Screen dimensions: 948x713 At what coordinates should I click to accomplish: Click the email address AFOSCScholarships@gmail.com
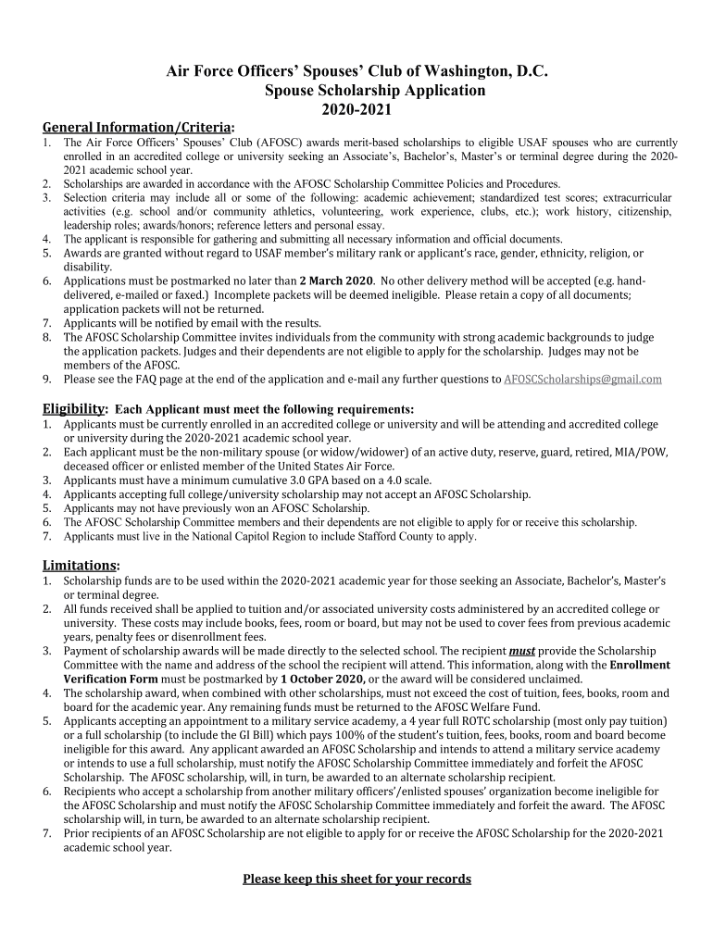(582, 379)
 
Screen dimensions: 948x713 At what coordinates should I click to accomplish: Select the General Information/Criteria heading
(137, 126)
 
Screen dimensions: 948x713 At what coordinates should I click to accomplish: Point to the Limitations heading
(80, 565)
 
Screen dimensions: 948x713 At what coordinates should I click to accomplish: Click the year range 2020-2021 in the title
(356, 109)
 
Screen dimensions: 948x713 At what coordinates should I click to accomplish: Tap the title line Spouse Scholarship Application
(374, 90)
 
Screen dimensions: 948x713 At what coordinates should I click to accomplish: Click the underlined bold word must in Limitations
(523, 651)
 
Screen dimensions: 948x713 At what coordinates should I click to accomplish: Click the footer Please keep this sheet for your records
(356, 879)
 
